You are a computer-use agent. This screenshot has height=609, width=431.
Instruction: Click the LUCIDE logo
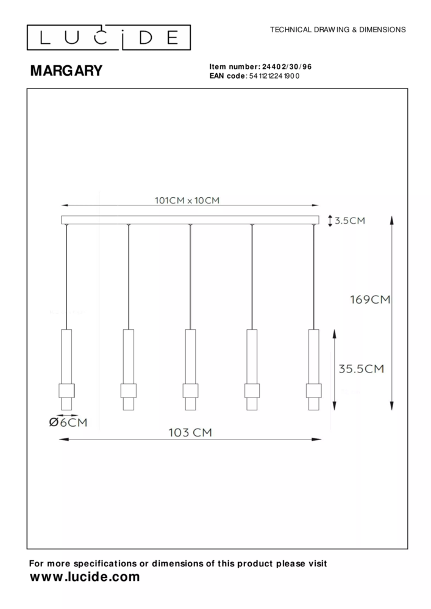[x=109, y=38]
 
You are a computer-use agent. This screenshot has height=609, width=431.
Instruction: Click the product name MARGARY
[x=66, y=71]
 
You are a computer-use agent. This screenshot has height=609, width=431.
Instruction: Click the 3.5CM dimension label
[x=350, y=220]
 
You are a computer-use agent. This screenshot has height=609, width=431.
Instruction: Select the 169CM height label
[x=370, y=299]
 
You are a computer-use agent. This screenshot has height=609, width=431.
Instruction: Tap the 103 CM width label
[x=190, y=432]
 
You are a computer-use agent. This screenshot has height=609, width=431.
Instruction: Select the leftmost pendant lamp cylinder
[x=66, y=369]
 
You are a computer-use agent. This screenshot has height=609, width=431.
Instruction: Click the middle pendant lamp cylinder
[x=190, y=369]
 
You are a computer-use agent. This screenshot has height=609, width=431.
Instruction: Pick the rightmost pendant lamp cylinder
[x=314, y=369]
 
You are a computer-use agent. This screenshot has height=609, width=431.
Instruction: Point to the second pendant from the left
[x=128, y=369]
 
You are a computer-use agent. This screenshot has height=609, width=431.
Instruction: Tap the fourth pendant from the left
[x=252, y=369]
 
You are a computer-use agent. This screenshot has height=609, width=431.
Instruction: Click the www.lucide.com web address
[x=85, y=577]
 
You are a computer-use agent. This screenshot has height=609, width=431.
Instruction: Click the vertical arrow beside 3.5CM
[x=330, y=220]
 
